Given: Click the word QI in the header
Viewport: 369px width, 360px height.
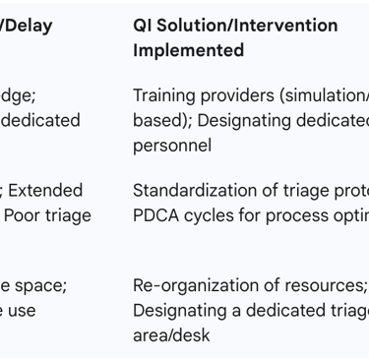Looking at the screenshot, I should click(145, 26).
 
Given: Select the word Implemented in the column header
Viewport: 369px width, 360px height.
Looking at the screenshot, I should click(189, 50).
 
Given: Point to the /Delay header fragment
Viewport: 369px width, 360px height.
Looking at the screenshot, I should click(27, 26).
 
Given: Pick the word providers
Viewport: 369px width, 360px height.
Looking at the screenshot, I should click(240, 96).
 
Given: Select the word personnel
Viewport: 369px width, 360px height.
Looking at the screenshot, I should click(172, 146).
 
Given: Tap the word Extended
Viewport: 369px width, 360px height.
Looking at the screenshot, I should click(46, 190).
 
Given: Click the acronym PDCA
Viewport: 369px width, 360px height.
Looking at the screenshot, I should click(156, 214).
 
